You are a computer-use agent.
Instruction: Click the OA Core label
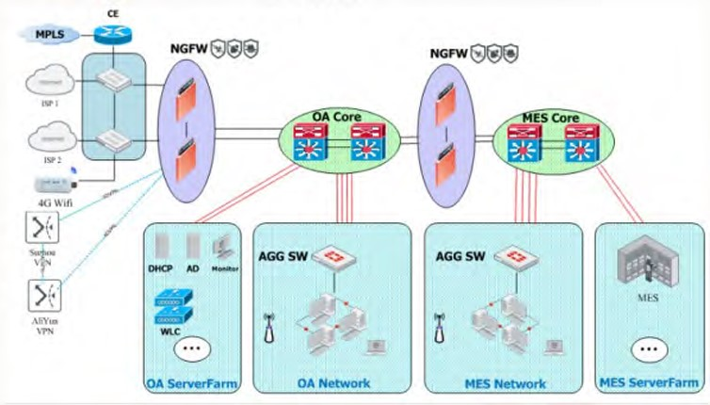click(x=337, y=117)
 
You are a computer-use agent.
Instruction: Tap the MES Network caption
click(x=505, y=383)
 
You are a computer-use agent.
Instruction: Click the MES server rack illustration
click(x=650, y=263)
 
